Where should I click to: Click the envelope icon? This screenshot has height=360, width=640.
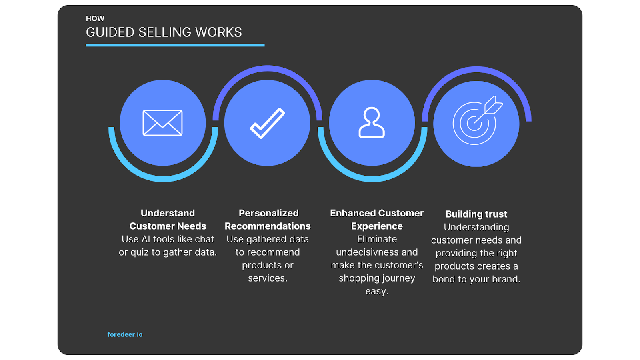pos(162,123)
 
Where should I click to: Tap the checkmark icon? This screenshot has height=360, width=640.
pos(267,123)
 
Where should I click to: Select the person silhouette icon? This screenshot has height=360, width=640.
pos(372,123)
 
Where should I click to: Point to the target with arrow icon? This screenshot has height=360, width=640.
pos(476,121)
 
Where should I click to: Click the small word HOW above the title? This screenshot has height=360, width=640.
pos(95,18)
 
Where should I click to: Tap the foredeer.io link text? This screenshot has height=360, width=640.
pos(125,334)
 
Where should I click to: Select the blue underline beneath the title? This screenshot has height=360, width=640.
pos(175,45)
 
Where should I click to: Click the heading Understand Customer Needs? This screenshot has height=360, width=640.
pos(168,220)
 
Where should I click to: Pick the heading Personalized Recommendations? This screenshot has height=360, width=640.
pos(268,220)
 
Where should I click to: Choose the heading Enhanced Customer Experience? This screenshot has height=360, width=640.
pos(377,220)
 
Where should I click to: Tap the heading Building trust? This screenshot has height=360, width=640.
pos(476,214)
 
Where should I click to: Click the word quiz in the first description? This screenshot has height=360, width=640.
pos(140,252)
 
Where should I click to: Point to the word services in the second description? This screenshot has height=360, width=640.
pos(267,278)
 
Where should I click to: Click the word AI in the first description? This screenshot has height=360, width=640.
pos(146,239)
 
